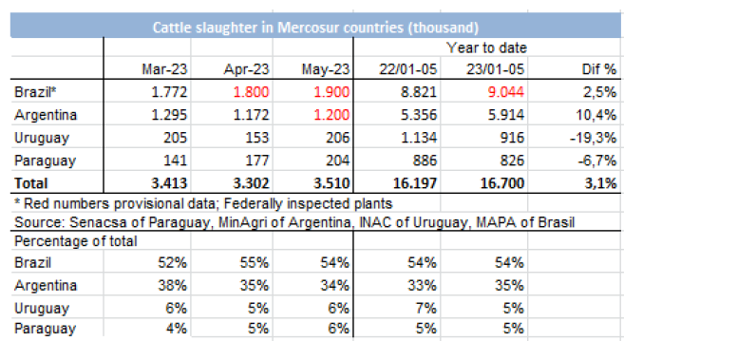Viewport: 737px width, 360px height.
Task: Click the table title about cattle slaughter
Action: (315, 28)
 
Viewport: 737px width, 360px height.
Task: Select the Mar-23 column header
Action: (164, 69)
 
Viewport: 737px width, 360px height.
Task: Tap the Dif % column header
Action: (598, 69)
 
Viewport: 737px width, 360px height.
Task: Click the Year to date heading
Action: (486, 47)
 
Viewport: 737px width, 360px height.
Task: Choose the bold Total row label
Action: (31, 182)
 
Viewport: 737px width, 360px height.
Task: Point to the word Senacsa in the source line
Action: (92, 221)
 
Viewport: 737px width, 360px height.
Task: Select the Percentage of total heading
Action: (76, 241)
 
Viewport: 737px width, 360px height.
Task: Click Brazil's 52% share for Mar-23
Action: (172, 262)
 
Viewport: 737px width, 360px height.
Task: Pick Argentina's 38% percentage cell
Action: (172, 285)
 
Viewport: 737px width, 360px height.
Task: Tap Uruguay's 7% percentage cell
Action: (425, 309)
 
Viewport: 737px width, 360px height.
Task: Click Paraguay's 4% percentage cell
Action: (176, 328)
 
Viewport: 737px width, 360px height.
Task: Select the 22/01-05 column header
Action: (408, 69)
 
